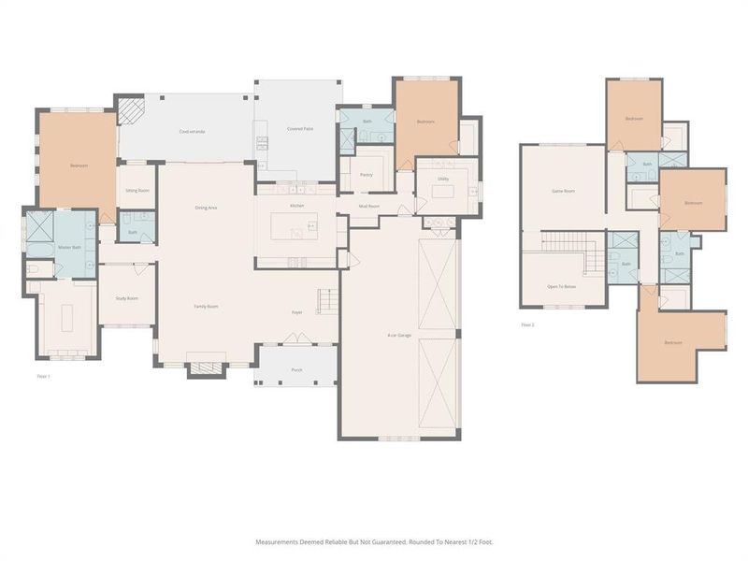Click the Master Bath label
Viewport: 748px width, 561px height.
click(x=70, y=247)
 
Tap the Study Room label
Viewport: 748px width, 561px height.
click(x=127, y=298)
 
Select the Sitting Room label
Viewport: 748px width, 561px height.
click(x=137, y=191)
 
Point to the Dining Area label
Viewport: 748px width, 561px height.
click(x=206, y=207)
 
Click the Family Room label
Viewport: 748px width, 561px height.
click(x=206, y=307)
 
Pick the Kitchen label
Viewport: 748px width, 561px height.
click(x=296, y=205)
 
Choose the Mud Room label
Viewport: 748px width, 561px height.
click(x=368, y=206)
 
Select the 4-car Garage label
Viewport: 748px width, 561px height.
click(x=400, y=334)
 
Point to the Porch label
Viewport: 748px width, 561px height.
click(x=296, y=370)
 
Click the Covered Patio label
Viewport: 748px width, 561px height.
click(x=300, y=127)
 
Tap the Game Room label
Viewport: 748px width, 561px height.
click(x=562, y=191)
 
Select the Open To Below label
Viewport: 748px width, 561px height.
click(x=562, y=286)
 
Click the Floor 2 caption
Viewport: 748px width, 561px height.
click(x=527, y=325)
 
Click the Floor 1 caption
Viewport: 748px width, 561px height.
click(x=43, y=375)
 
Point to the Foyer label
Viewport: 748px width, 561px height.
click(x=296, y=312)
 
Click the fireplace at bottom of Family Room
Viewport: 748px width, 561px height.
click(x=207, y=367)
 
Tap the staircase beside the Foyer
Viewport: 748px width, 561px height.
click(x=327, y=301)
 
